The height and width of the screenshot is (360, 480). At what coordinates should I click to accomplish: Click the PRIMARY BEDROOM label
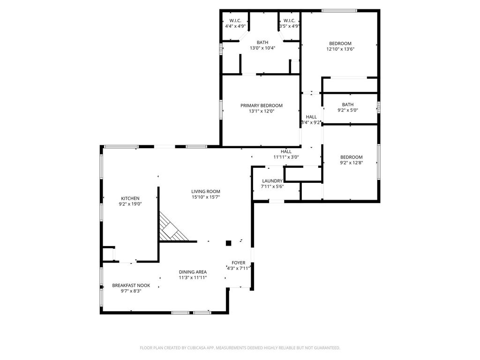(x=262, y=105)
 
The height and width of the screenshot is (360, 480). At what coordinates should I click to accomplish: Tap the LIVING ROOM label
(x=206, y=192)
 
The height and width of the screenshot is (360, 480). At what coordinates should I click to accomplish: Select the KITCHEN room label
(x=130, y=198)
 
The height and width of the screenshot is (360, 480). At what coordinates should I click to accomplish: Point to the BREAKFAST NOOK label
(x=131, y=285)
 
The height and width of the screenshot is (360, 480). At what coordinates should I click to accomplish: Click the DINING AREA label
(x=193, y=272)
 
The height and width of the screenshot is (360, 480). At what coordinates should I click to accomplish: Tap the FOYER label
(x=239, y=262)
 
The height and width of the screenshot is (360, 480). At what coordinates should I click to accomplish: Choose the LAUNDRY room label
(x=272, y=181)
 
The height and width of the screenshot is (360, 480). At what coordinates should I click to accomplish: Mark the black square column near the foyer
(x=228, y=243)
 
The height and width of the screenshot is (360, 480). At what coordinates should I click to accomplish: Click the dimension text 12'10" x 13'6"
(x=340, y=49)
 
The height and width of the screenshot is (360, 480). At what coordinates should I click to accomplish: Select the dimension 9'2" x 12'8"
(x=352, y=163)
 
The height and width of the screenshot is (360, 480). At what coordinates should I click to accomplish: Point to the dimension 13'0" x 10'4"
(x=262, y=48)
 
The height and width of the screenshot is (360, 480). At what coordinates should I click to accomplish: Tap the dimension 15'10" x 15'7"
(x=206, y=197)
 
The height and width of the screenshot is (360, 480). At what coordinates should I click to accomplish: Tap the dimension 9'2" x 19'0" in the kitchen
(x=130, y=204)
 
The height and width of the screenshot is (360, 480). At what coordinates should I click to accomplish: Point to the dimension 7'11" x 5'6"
(x=272, y=187)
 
